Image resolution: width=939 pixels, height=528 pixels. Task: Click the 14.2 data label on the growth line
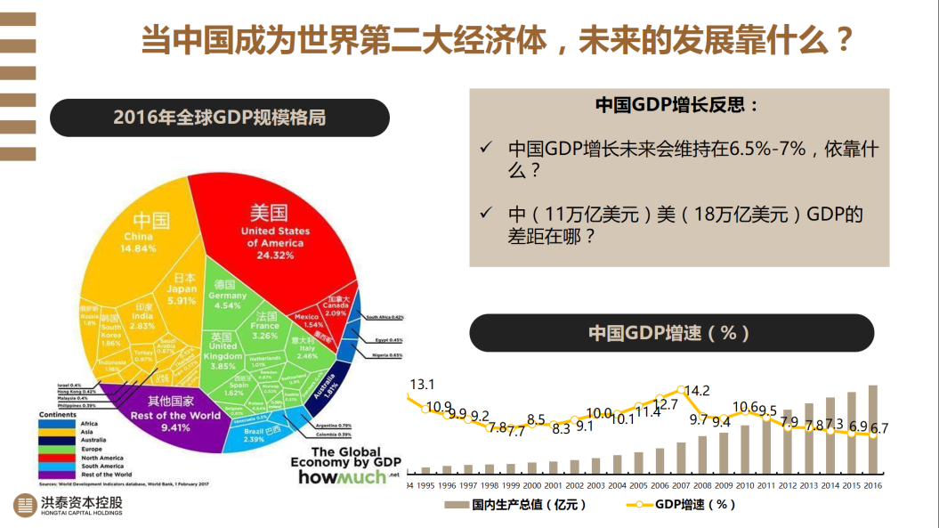tap(698, 391)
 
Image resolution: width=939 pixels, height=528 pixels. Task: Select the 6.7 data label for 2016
tap(879, 428)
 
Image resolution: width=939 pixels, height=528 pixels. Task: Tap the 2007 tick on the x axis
tap(680, 486)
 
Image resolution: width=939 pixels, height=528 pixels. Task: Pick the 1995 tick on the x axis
tap(425, 486)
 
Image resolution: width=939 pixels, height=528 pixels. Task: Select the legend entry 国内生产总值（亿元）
tap(516, 505)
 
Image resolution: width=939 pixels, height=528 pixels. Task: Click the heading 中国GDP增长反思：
tap(677, 105)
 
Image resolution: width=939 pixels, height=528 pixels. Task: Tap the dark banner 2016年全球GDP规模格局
tap(219, 118)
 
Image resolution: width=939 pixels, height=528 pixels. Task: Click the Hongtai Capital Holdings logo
tap(69, 505)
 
